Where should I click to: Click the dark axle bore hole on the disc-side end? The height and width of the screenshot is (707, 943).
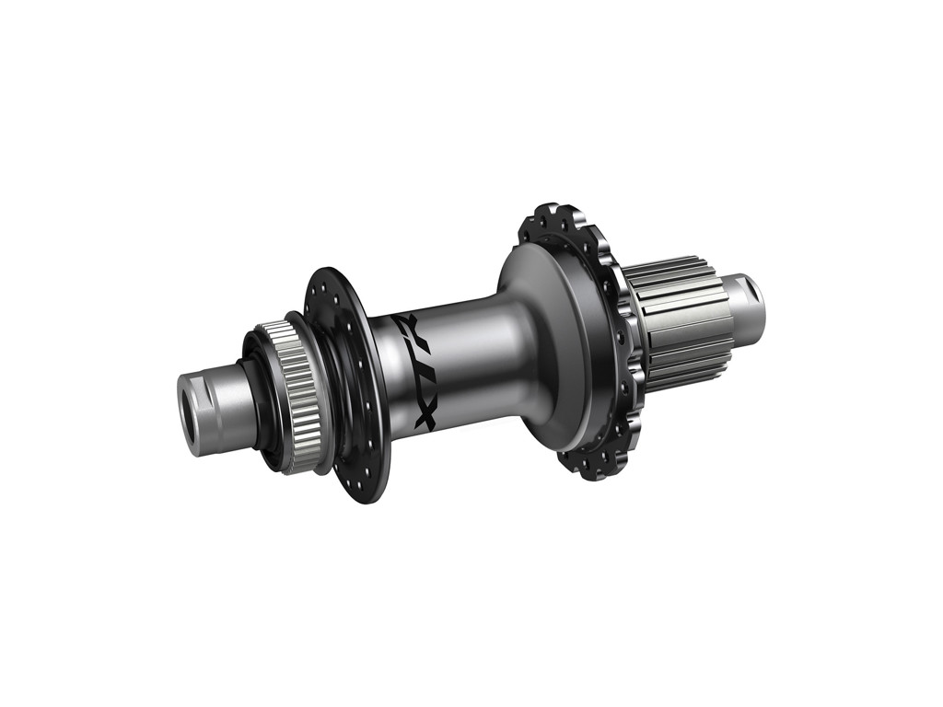(x=200, y=423)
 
